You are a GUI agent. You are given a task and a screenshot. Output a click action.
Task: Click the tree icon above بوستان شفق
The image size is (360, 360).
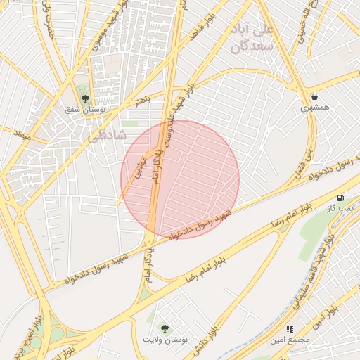click(85, 99)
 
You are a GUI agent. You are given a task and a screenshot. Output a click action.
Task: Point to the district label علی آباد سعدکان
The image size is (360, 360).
click(255, 38)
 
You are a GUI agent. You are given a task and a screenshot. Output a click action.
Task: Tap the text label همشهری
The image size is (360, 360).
click(314, 108)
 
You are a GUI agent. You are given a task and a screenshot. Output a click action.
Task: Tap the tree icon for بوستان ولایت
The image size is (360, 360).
click(165, 328)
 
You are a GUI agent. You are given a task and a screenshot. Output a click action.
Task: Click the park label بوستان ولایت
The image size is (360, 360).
click(165, 340)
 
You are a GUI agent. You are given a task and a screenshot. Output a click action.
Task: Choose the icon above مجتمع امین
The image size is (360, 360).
click(289, 329)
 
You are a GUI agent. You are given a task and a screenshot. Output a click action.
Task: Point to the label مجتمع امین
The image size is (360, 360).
click(289, 340)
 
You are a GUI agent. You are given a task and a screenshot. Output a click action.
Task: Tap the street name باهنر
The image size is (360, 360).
click(143, 101)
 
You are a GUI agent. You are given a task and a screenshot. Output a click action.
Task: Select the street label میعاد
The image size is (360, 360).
click(22, 134)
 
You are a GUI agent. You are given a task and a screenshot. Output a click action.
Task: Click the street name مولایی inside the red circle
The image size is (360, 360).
click(141, 168)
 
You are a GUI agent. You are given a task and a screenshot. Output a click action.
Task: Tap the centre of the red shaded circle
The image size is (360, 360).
click(180, 179)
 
